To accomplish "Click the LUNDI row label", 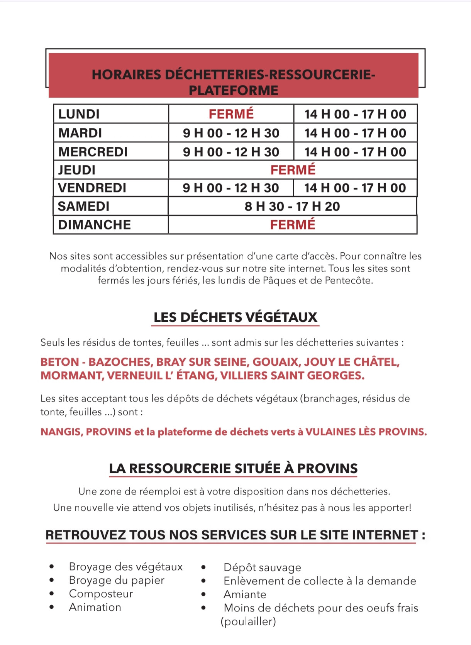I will (x=79, y=114).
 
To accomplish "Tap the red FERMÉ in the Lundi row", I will (x=231, y=114).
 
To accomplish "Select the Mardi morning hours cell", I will (x=231, y=133).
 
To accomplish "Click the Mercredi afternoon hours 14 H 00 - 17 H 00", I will (x=355, y=152).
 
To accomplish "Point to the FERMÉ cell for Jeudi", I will (x=293, y=170).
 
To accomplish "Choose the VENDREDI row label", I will (x=92, y=188).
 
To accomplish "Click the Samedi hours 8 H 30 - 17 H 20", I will (x=292, y=206).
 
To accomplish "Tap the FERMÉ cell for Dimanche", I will (x=293, y=225).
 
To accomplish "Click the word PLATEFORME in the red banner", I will (x=233, y=90).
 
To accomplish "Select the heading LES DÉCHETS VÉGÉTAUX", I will (x=235, y=317).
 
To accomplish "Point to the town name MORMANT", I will (x=71, y=375).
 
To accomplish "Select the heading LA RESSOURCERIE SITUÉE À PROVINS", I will (x=233, y=468).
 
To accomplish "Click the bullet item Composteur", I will (x=101, y=594).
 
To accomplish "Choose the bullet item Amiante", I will (x=245, y=594).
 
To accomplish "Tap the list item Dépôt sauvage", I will (x=262, y=567).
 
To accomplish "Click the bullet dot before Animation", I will (x=52, y=607).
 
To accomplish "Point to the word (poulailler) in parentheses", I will (x=248, y=621).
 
